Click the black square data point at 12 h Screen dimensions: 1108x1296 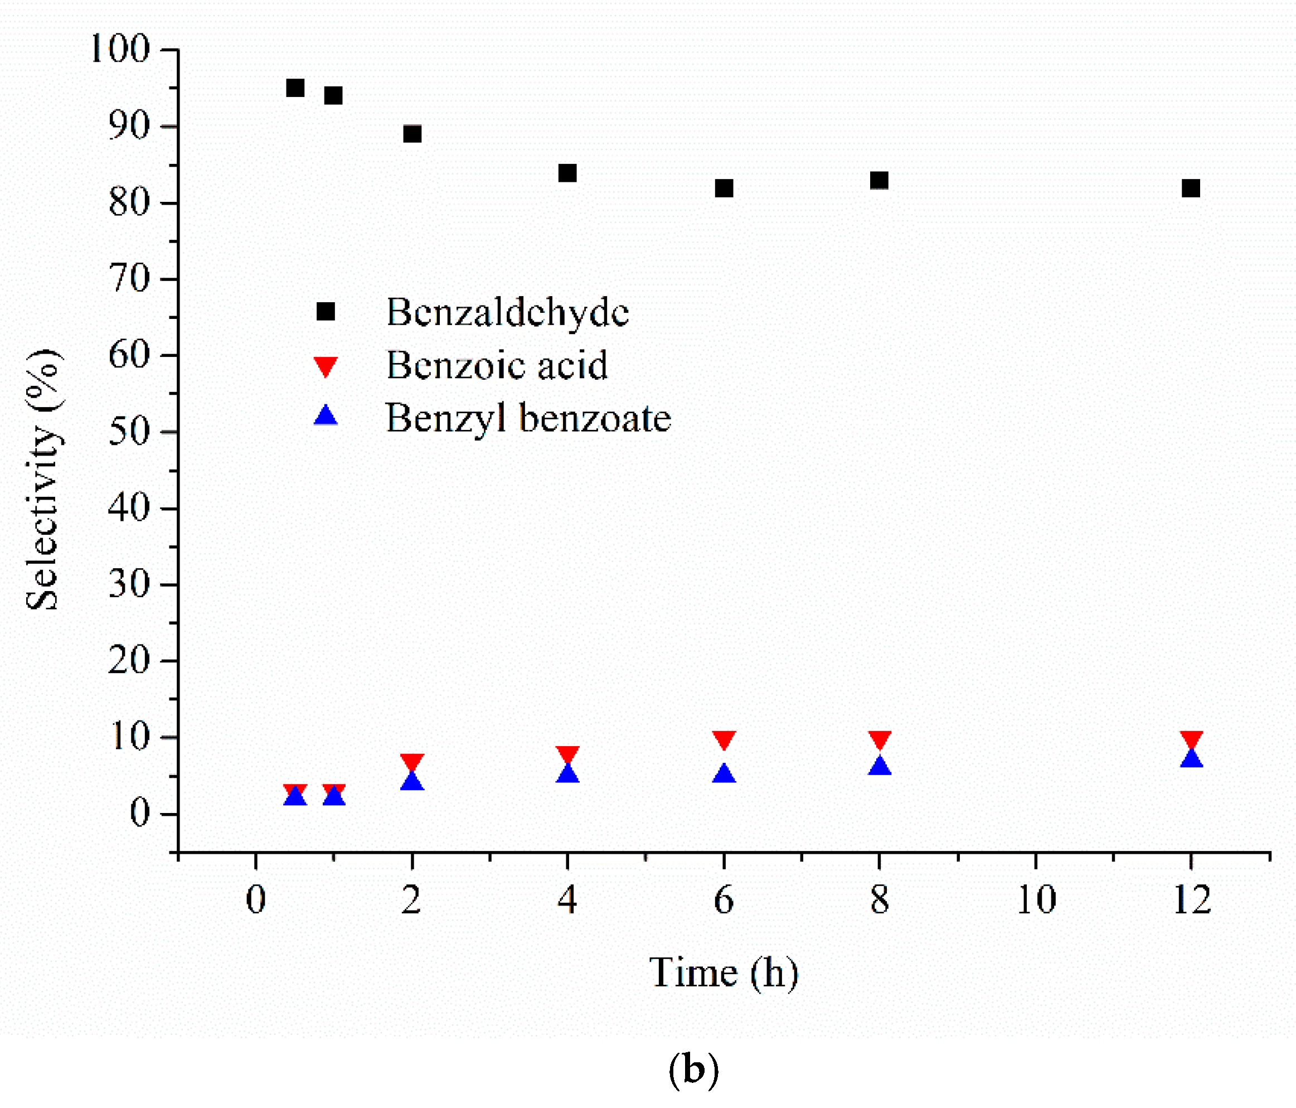click(x=1191, y=188)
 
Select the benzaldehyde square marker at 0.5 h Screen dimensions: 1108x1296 click(x=295, y=88)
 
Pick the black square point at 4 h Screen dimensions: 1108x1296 click(x=567, y=173)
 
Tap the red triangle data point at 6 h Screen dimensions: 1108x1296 click(x=724, y=739)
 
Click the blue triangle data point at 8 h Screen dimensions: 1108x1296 click(x=880, y=766)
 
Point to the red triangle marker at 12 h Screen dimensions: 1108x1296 click(x=1191, y=739)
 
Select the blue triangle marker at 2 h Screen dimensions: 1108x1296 click(x=412, y=781)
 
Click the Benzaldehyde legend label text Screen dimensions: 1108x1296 click(x=507, y=312)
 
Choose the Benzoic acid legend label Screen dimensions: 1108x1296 click(x=497, y=365)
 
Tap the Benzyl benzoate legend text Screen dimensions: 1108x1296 click(x=528, y=419)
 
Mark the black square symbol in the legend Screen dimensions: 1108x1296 click(x=325, y=311)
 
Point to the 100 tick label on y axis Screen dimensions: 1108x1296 click(x=120, y=49)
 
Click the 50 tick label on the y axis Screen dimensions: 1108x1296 click(x=129, y=432)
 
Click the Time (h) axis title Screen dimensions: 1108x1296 click(x=724, y=974)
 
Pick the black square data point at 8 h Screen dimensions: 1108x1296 click(x=880, y=181)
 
